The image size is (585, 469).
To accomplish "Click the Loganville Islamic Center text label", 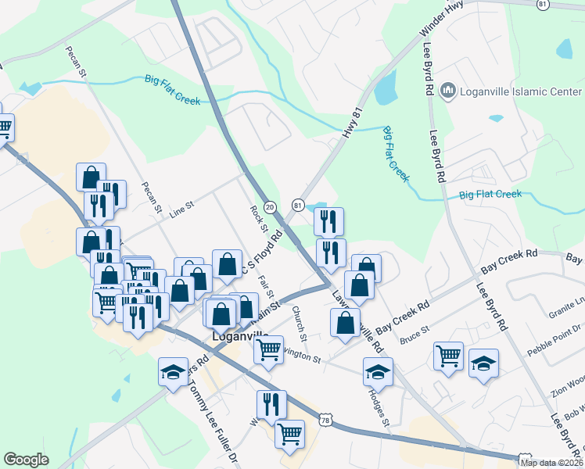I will pyautogui.click(x=521, y=91).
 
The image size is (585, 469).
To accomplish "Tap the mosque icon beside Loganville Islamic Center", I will pyautogui.click(x=448, y=91).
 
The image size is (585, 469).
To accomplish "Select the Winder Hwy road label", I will pyautogui.click(x=442, y=19).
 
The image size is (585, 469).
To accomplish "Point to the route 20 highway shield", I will pyautogui.click(x=270, y=206).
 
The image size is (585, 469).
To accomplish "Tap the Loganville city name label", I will pyautogui.click(x=242, y=338).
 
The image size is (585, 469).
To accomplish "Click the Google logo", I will pyautogui.click(x=26, y=460).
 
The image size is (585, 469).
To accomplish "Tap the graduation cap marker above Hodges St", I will pyautogui.click(x=378, y=371).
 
